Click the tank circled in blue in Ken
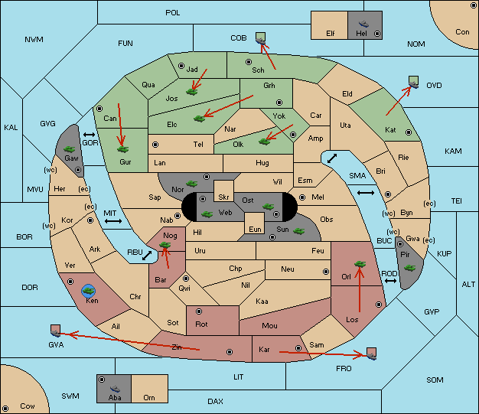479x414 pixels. click(89, 291)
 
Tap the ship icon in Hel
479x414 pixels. click(363, 24)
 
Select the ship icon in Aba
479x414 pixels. click(115, 388)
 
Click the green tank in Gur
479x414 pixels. click(123, 149)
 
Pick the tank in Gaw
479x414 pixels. click(70, 149)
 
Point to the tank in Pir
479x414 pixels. click(409, 268)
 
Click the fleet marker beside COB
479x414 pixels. click(261, 38)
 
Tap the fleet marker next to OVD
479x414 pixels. click(414, 82)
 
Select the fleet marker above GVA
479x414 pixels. click(55, 331)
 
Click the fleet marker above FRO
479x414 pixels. click(371, 354)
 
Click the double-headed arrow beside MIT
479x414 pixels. click(113, 221)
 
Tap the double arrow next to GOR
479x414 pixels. click(90, 135)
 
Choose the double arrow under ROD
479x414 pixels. click(390, 281)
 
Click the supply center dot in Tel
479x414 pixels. click(155, 144)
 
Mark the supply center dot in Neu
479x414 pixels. click(326, 272)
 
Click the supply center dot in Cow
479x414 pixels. click(5, 408)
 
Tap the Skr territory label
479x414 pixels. click(223, 197)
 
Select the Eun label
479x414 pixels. click(255, 230)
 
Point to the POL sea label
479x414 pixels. click(173, 13)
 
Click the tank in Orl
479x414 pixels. click(360, 264)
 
